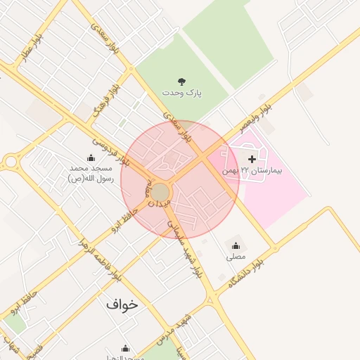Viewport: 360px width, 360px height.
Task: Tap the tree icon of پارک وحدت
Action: pos(182,82)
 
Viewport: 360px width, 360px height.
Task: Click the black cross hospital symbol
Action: pos(252,160)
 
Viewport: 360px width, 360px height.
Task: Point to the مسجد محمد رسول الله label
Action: pos(91,173)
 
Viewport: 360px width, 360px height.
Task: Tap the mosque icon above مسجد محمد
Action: pos(91,158)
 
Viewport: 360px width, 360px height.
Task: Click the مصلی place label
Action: pos(236,257)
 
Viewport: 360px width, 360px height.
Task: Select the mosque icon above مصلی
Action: pos(236,245)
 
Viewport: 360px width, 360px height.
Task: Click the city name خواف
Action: pos(122,305)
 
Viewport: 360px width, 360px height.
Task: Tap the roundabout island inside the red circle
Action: pos(162,192)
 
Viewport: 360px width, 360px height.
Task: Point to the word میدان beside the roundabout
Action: pos(157,205)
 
